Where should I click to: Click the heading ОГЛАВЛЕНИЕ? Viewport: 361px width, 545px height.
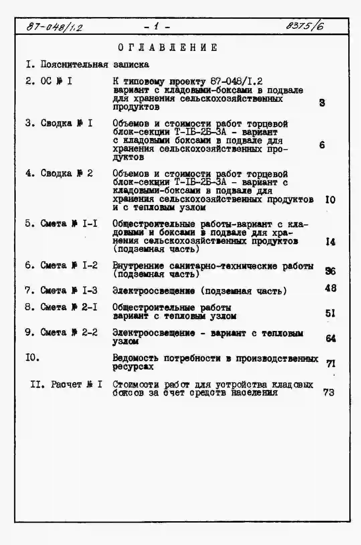click(x=168, y=48)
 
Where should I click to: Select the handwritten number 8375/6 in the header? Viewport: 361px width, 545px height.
click(x=304, y=26)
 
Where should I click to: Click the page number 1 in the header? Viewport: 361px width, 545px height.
click(x=157, y=26)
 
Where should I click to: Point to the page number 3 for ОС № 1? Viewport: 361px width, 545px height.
click(x=322, y=103)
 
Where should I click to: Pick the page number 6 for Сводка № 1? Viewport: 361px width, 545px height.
click(x=322, y=145)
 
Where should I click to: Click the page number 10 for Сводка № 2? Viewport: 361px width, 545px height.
click(x=330, y=200)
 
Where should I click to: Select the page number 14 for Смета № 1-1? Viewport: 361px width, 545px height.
click(x=330, y=242)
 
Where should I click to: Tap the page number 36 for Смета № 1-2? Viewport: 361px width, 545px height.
click(x=330, y=271)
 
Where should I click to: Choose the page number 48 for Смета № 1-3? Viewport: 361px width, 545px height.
click(x=331, y=288)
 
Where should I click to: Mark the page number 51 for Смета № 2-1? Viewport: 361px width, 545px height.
click(x=330, y=313)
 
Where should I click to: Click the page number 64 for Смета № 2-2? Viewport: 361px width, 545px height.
click(x=331, y=338)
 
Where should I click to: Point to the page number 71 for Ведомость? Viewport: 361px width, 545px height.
click(x=331, y=363)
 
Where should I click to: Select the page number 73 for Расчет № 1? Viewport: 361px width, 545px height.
click(x=329, y=392)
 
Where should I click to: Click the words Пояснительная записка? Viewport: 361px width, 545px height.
click(x=95, y=64)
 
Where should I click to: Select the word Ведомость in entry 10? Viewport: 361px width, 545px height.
click(x=135, y=358)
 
